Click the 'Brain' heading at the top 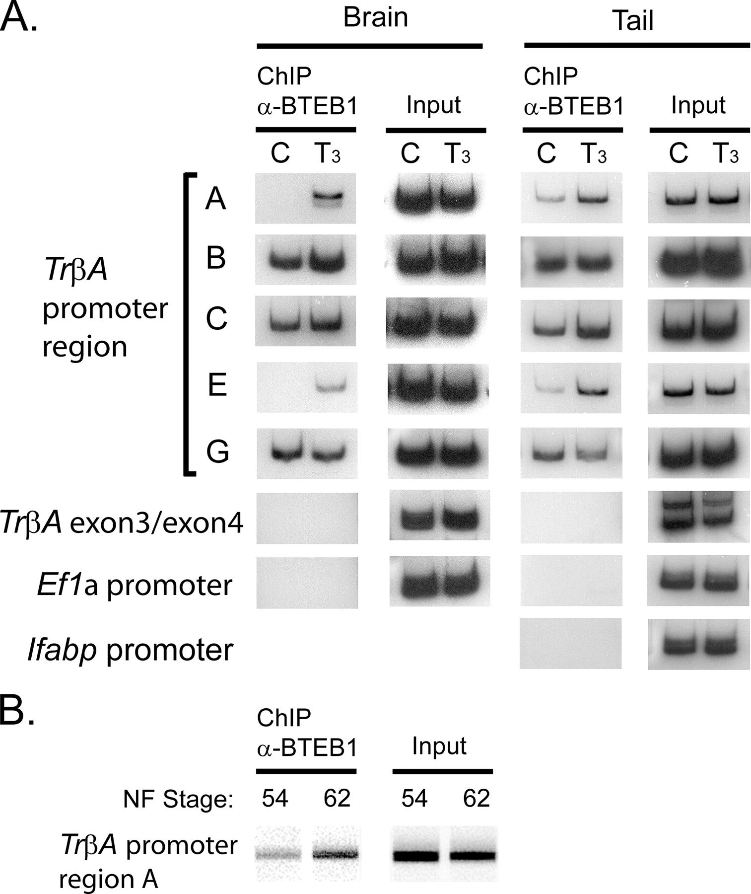point(375,17)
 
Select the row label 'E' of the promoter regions point(217,385)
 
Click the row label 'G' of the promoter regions point(217,452)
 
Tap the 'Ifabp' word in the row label point(62,650)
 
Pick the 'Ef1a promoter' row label point(134,585)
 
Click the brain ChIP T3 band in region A point(328,197)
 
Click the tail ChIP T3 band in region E point(593,388)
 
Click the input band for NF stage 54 point(415,856)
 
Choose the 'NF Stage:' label point(178,799)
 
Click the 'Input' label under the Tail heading point(698,106)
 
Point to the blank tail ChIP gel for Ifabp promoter point(570,644)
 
